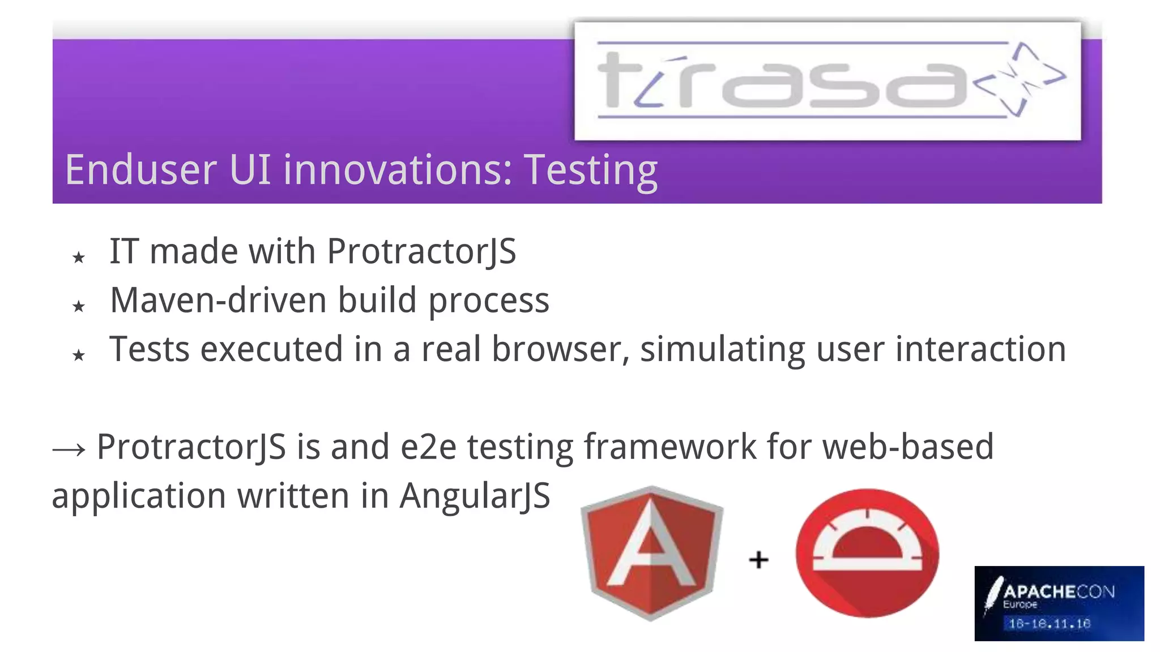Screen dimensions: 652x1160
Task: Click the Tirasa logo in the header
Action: (827, 80)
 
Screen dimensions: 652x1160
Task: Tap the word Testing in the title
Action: (590, 170)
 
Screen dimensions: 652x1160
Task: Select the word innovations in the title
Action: (398, 170)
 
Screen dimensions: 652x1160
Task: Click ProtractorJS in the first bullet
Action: (421, 252)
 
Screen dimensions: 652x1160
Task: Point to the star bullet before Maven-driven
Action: (79, 307)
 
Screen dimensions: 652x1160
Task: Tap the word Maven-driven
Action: (218, 300)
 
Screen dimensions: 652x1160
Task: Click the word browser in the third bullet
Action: (561, 349)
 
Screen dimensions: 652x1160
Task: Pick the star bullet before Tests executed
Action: (79, 355)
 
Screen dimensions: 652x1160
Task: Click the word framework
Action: (670, 447)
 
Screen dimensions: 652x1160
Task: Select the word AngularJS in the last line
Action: (475, 496)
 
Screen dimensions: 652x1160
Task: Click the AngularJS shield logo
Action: (651, 553)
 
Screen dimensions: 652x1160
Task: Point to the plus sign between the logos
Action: (758, 560)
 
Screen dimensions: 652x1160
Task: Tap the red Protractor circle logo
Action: (867, 553)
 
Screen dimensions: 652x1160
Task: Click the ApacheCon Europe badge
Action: (1059, 603)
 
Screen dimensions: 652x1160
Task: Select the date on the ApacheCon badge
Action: (1050, 624)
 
